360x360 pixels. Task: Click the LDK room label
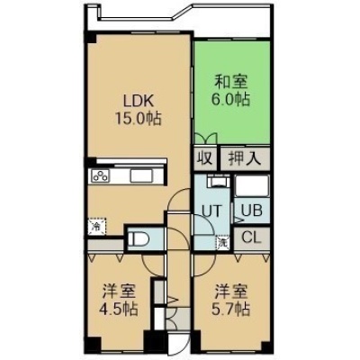coord(139,101)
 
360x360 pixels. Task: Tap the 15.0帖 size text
coord(139,119)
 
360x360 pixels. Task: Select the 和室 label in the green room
coord(231,82)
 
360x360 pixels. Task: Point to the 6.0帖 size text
coord(232,99)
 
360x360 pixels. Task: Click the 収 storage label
coord(206,158)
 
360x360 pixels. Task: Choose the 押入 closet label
coord(245,158)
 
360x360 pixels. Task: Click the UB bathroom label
coord(252,211)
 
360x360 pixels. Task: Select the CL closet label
coord(252,238)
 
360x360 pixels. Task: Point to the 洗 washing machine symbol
coord(223,243)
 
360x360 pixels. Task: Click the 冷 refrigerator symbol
coord(97,227)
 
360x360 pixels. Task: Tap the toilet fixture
coord(139,239)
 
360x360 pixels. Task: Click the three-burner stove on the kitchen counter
coord(101,175)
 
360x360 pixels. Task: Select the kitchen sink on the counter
coord(141,175)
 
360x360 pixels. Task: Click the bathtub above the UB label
coord(251,186)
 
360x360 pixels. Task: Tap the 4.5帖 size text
coord(119,309)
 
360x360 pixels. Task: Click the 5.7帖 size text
coord(231,309)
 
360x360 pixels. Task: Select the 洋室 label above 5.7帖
coord(231,292)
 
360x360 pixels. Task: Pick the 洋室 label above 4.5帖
coord(120,292)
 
